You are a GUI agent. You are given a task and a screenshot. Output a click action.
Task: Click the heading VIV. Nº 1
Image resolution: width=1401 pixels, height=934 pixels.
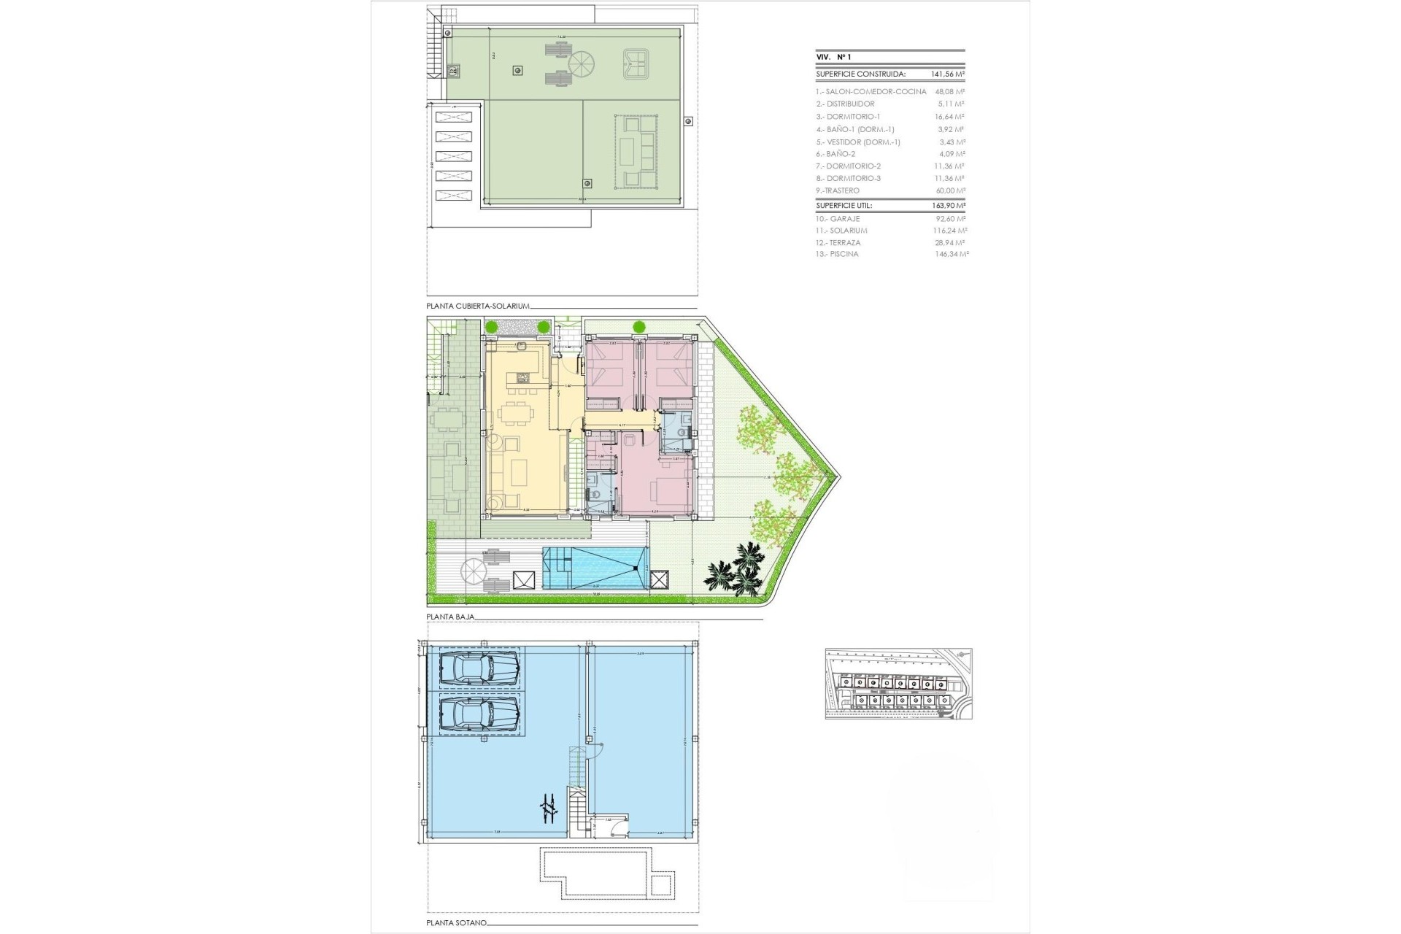(x=833, y=57)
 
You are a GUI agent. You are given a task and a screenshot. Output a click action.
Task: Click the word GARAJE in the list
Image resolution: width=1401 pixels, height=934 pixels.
(x=847, y=218)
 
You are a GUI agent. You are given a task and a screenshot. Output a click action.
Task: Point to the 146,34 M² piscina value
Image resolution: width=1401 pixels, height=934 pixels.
(x=950, y=254)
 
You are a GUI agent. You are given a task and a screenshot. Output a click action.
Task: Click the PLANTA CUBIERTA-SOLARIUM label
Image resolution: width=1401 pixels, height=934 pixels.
(x=478, y=306)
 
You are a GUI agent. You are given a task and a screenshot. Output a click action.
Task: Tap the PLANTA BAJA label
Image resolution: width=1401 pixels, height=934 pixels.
(x=450, y=617)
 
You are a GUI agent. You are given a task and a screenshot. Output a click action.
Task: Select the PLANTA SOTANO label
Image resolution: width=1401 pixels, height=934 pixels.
(x=456, y=923)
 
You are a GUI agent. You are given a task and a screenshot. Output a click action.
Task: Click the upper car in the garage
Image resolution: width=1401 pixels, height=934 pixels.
(x=479, y=667)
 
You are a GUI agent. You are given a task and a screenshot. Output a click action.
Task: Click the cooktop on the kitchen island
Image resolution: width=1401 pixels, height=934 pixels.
(x=522, y=377)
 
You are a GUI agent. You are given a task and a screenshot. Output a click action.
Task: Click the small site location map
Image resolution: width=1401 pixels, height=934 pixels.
(x=898, y=684)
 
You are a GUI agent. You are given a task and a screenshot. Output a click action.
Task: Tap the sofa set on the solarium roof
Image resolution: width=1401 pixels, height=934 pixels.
(x=636, y=152)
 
